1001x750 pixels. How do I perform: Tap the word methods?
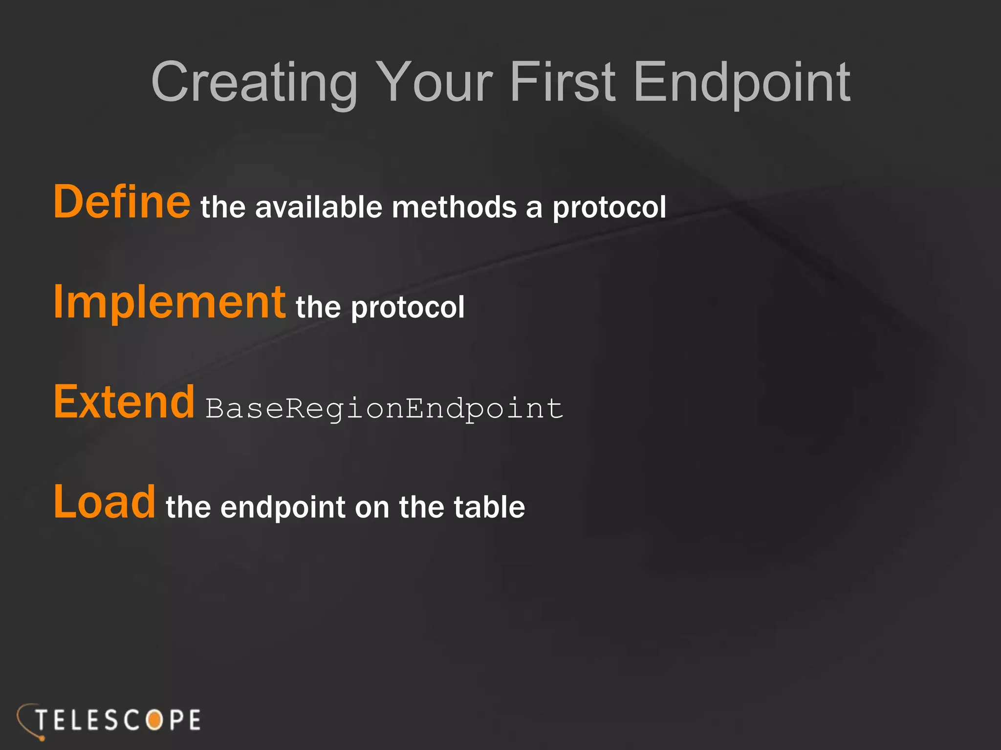coord(454,207)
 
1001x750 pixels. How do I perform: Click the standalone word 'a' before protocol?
coord(534,209)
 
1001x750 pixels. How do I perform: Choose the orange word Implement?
coord(169,303)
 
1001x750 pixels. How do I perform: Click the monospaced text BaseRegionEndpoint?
coord(384,409)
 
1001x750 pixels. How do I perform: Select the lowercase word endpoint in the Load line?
coord(283,508)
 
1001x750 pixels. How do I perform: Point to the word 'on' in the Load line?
coord(372,508)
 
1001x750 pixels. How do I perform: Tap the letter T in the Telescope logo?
coord(43,720)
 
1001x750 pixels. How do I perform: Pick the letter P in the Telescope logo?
coord(175,720)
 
